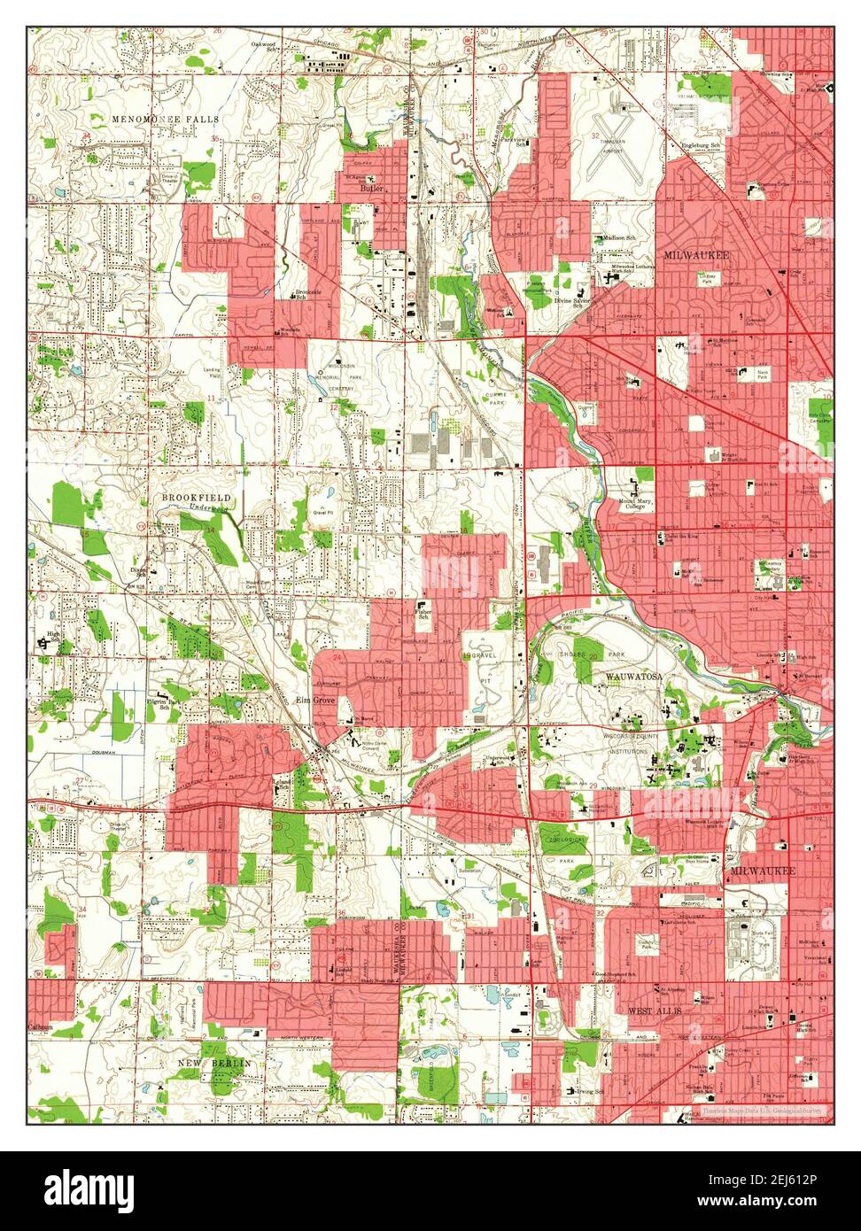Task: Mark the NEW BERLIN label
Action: pyautogui.click(x=213, y=1062)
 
